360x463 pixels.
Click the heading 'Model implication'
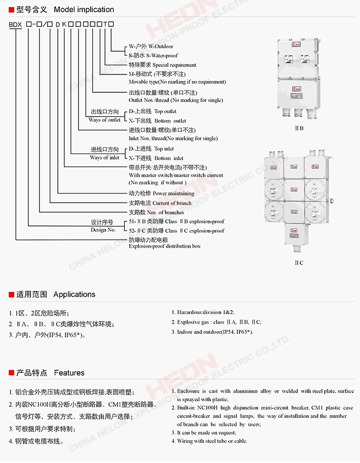(84, 10)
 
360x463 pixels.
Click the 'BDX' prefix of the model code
(16, 24)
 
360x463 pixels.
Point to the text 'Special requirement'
(174, 65)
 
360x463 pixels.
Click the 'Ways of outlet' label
(105, 120)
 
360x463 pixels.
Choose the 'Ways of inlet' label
(104, 158)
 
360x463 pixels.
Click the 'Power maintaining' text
(173, 193)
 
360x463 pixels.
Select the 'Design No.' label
(103, 230)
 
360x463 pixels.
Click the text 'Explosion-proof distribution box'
(165, 246)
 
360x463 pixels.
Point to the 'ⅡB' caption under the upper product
(299, 128)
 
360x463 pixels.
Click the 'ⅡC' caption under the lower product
(299, 262)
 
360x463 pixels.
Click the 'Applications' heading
(74, 294)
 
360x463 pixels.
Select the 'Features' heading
(69, 373)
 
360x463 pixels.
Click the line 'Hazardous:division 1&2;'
(206, 313)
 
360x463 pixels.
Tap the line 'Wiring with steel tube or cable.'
(212, 441)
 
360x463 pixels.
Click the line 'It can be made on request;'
(206, 433)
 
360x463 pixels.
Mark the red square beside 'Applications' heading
(11, 294)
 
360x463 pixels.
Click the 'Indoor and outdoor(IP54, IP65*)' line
(214, 332)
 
